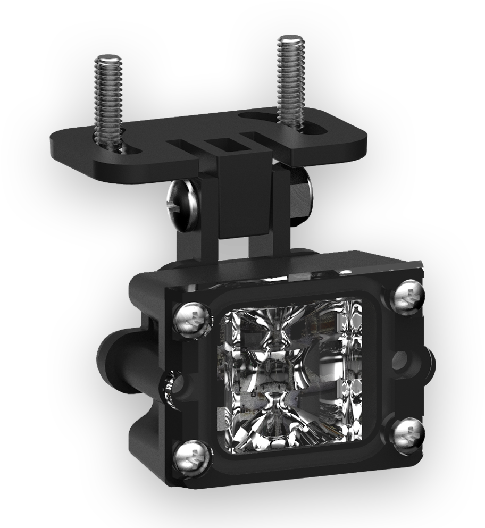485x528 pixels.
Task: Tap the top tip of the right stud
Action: coord(290,38)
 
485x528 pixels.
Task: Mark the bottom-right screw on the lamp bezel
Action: coord(409,431)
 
